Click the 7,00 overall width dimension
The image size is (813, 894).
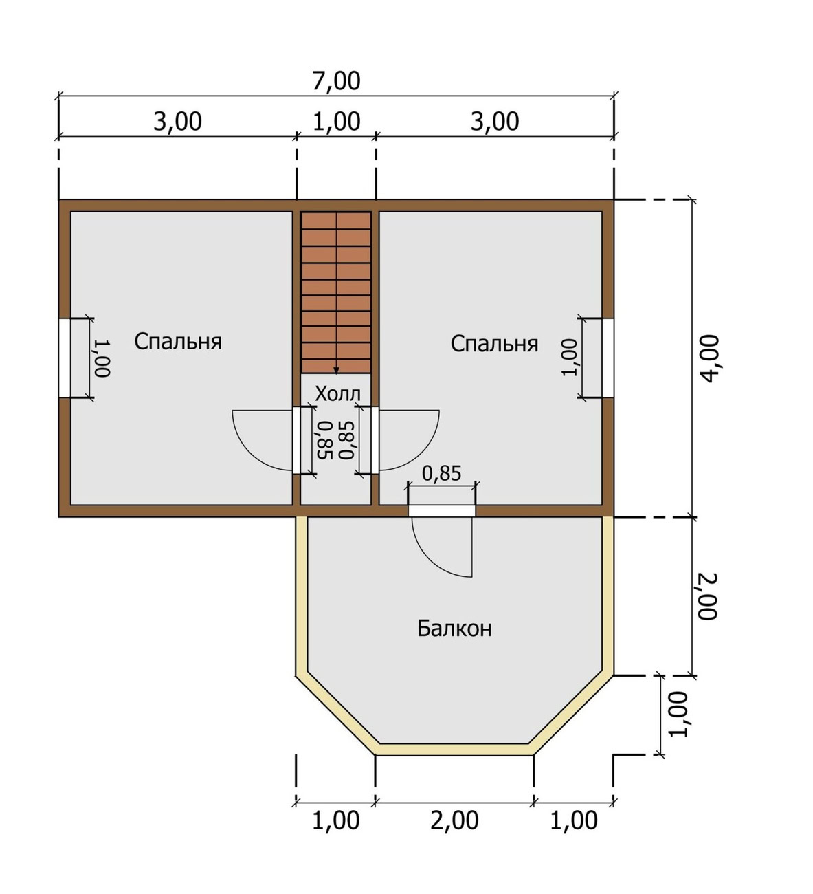pos(336,81)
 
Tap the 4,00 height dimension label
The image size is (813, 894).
pos(709,359)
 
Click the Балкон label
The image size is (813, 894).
pos(454,629)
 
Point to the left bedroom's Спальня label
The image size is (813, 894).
pos(178,342)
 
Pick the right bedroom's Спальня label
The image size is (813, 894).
pos(494,344)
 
